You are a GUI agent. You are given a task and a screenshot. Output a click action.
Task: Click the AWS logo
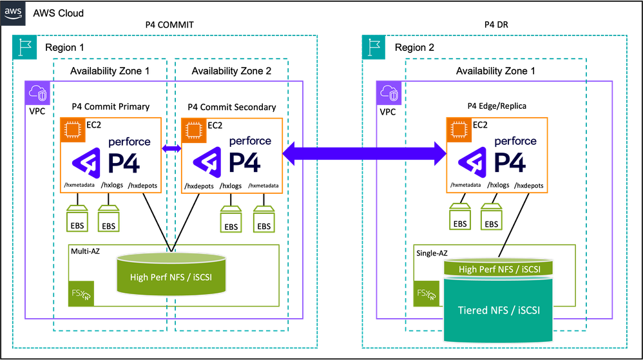(12, 12)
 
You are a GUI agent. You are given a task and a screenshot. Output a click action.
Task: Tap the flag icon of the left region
(24, 47)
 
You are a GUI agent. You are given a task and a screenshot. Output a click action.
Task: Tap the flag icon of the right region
(373, 47)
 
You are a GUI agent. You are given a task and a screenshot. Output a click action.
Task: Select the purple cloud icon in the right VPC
(388, 93)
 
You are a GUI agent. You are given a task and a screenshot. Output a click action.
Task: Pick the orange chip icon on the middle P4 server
(193, 129)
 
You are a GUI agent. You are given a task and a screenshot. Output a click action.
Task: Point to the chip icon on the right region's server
(458, 129)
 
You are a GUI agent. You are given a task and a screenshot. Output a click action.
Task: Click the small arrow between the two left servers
(171, 149)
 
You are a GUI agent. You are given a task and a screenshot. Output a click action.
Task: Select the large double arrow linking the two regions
(365, 153)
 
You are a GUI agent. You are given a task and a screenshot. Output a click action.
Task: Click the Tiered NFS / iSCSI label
(498, 310)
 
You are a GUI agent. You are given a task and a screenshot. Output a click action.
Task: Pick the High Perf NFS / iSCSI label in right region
(498, 269)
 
